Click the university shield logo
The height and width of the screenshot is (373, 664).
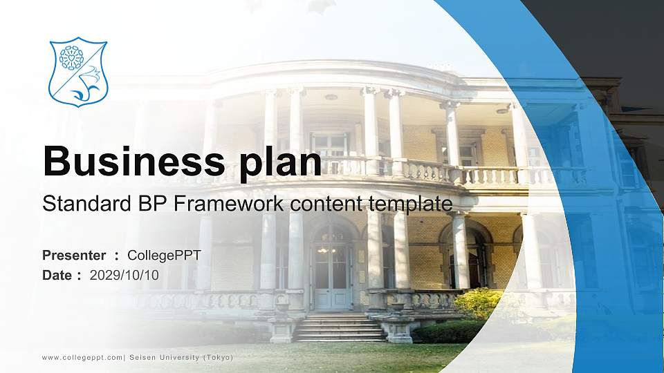coord(78,72)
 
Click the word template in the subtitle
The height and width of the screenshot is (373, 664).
coord(412,204)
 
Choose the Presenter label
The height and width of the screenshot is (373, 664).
coord(74,256)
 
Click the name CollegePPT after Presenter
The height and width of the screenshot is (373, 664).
coord(165,256)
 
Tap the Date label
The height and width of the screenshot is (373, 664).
coord(58,275)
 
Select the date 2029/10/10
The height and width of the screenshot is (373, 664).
coord(124,275)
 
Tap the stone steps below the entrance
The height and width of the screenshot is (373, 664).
coord(339,328)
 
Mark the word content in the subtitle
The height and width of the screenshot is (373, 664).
coord(329,204)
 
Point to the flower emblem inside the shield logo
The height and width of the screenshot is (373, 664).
coord(71,58)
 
